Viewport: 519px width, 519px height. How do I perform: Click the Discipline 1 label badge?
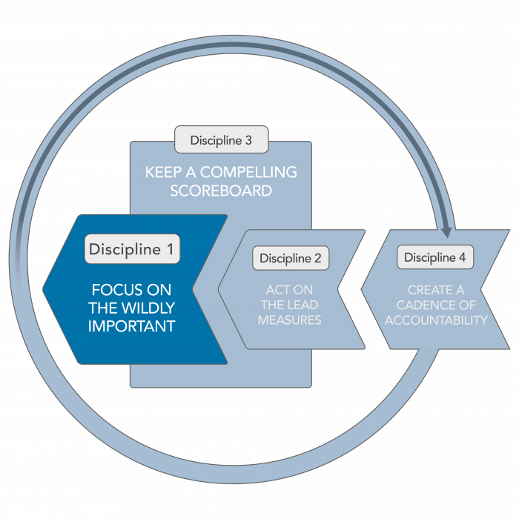(x=132, y=250)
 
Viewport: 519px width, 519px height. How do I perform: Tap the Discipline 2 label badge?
(x=291, y=258)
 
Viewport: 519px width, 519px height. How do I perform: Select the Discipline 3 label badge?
(x=221, y=139)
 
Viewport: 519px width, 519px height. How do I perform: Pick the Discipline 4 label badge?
(x=435, y=257)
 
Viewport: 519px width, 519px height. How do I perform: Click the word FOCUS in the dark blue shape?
(x=114, y=289)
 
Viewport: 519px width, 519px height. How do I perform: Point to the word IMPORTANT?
(x=131, y=326)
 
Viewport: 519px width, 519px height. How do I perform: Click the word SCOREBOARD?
(x=221, y=191)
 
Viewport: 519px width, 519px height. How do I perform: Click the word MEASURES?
(x=290, y=320)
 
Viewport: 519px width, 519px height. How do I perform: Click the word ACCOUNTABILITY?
(x=436, y=320)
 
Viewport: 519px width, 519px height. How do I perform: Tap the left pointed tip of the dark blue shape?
(x=44, y=289)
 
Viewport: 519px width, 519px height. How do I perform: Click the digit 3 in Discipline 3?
(x=248, y=139)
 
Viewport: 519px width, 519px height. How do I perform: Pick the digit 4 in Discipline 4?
(x=462, y=257)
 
